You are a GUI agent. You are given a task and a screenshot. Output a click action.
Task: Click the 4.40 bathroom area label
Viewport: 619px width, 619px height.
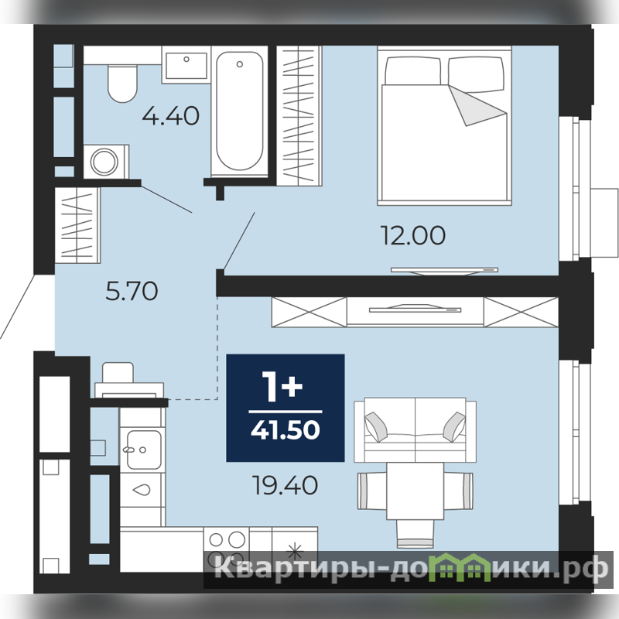170,116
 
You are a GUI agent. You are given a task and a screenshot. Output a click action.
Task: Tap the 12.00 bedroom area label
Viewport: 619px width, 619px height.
413,235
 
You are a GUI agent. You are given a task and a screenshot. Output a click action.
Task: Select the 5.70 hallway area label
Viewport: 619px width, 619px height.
132,291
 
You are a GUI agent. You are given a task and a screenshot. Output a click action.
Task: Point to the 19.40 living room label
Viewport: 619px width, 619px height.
285,485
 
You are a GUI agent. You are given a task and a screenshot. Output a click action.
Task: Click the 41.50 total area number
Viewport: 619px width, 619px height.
285,429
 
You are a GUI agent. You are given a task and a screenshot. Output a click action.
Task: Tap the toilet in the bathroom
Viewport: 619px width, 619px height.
122,84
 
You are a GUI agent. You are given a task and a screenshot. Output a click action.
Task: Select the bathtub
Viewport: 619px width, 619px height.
239,111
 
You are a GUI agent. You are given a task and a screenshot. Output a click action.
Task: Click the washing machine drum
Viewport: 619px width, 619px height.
104,162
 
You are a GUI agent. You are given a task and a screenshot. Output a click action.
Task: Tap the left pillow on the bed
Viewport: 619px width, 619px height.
413,71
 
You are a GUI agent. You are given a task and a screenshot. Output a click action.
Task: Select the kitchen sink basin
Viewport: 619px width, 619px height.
144,450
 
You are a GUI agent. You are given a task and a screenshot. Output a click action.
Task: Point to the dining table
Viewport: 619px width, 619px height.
416,491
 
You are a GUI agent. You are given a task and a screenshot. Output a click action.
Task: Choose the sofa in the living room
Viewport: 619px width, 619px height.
415,430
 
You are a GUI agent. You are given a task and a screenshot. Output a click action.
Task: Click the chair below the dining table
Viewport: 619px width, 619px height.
415,533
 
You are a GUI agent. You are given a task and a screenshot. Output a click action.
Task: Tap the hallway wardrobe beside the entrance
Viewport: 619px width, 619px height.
77,225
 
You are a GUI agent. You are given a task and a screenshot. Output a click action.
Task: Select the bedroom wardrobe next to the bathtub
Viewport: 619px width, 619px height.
299,115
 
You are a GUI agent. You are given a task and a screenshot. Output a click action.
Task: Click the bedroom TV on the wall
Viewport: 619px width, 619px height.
444,270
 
